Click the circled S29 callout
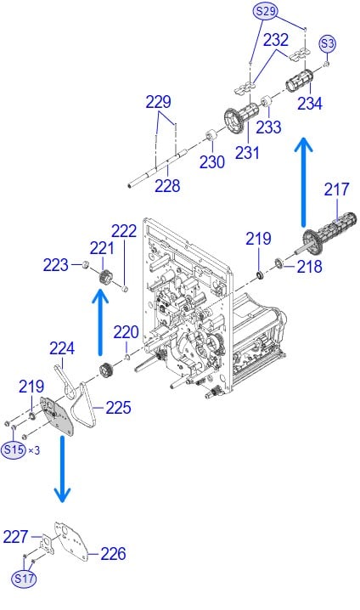coord(266,11)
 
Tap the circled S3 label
coord(328,43)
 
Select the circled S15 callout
coord(14,450)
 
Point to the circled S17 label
coord(24,579)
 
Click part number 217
coord(337,189)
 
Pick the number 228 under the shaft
coord(167,185)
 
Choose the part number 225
coord(118,408)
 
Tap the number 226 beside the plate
coord(114,554)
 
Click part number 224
coord(62,348)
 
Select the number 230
coord(212,161)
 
